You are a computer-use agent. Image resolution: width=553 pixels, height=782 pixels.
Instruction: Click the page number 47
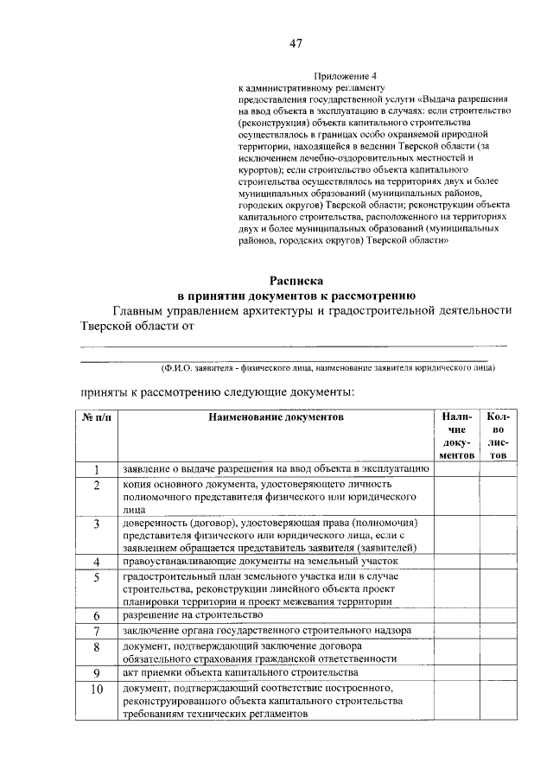296,43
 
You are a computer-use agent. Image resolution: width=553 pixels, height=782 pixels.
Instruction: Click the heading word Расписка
296,280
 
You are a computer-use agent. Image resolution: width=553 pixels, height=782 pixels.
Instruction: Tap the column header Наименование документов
276,416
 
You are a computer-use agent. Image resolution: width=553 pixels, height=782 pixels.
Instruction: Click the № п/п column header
97,416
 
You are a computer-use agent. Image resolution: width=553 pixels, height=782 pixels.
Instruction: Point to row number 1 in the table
98,469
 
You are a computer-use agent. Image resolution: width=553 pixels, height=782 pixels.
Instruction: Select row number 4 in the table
98,563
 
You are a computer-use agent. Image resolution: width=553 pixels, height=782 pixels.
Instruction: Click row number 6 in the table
98,615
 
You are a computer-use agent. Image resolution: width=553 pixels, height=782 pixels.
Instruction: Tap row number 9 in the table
98,672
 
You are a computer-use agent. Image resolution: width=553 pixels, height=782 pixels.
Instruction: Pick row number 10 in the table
98,689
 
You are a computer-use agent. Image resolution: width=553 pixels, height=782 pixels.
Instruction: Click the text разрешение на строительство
192,614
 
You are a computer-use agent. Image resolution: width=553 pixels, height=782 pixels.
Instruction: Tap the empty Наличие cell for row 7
458,631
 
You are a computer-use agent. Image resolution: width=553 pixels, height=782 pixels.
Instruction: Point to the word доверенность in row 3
152,524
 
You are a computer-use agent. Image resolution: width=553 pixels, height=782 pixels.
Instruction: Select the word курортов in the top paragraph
259,171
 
